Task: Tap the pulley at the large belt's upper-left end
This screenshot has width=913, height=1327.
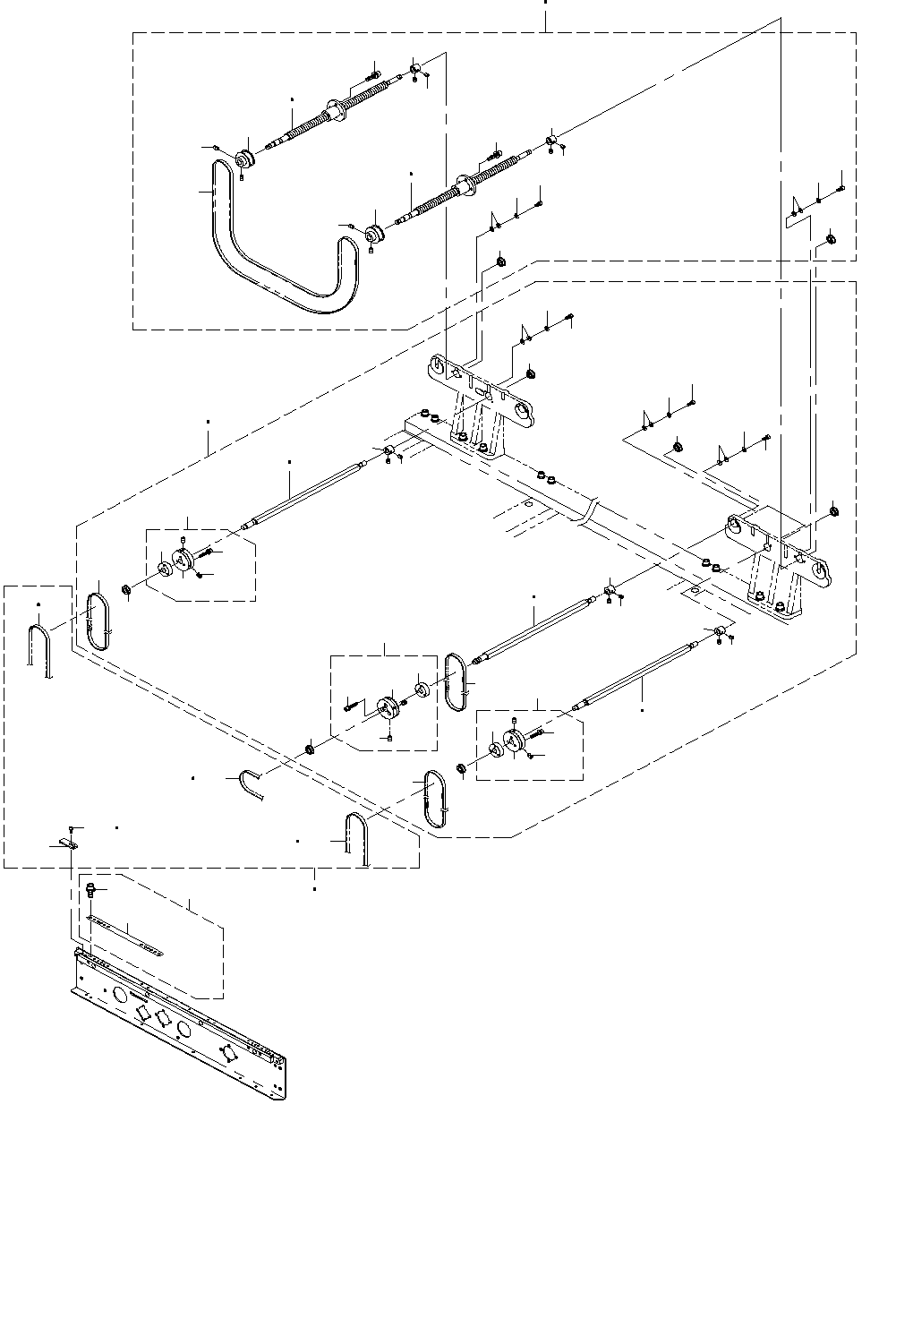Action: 244,160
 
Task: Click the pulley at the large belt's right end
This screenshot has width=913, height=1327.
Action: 374,235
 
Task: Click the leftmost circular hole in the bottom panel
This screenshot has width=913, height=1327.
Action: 119,994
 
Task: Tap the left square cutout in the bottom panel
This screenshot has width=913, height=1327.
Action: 141,1012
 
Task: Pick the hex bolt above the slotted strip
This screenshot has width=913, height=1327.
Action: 90,889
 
